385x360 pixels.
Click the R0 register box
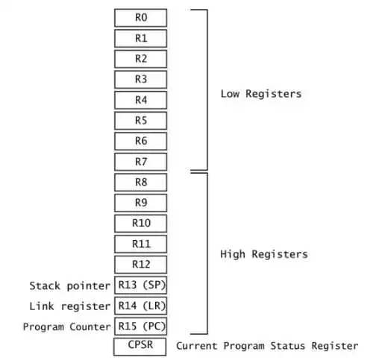point(140,18)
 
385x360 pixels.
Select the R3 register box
point(140,80)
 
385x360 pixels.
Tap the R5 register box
point(140,121)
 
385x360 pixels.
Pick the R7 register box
point(140,162)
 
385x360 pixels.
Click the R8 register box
point(140,183)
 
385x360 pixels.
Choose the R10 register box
point(140,224)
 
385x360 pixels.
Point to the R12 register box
point(140,265)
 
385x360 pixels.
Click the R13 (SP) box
point(140,285)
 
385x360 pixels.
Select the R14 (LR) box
point(140,306)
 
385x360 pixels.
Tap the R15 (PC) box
point(140,326)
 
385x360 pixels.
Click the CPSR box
point(140,347)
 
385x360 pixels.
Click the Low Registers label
point(261,94)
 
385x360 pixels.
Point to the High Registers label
point(264,254)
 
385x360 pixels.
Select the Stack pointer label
point(70,286)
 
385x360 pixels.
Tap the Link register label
point(70,306)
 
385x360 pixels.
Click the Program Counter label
point(67,326)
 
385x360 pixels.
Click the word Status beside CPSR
point(288,346)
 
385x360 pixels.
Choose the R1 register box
point(140,38)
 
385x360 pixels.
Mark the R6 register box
point(140,142)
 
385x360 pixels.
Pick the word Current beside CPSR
point(197,346)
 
